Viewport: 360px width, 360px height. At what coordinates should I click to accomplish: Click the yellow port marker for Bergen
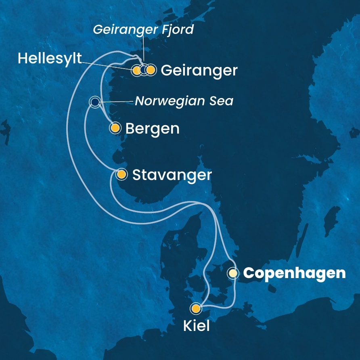(115, 128)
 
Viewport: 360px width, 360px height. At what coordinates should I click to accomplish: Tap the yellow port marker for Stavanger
(121, 174)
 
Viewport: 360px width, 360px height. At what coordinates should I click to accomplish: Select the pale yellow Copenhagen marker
(233, 273)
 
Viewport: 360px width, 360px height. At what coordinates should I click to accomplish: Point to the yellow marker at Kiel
(196, 309)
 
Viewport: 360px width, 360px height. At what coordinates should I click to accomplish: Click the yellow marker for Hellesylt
(137, 70)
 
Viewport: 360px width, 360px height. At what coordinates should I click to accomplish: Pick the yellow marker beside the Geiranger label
(151, 70)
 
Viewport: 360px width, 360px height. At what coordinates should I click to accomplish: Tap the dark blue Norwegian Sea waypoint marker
(95, 102)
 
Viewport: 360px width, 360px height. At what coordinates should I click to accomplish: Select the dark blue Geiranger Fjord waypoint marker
(144, 70)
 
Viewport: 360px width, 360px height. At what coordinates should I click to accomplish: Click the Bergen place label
(152, 129)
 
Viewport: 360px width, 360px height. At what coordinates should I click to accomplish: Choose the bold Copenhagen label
(294, 273)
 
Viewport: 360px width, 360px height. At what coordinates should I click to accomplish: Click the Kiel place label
(197, 326)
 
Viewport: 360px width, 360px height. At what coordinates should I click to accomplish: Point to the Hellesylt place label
(50, 59)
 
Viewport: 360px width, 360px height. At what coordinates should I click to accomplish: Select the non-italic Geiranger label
(199, 71)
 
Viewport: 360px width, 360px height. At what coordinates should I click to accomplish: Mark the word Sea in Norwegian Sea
(222, 101)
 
